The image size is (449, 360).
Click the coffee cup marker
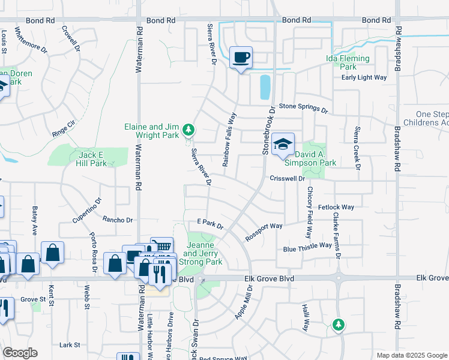[x=241, y=58]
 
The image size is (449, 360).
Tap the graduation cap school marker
[x=283, y=145]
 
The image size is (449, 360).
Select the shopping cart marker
[x=161, y=247]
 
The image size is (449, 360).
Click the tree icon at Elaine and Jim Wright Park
[x=188, y=130]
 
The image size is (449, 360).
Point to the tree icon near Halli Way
[x=339, y=325]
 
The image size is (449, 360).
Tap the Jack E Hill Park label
[x=92, y=158]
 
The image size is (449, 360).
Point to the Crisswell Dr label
[x=288, y=178]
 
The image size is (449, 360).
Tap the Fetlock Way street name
[x=336, y=207]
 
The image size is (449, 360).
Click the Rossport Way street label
[x=264, y=232]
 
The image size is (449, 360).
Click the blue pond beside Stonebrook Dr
[x=265, y=87]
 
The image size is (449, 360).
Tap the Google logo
[x=20, y=353]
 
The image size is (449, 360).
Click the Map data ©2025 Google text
[x=411, y=355]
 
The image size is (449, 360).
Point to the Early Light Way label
[x=364, y=77]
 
